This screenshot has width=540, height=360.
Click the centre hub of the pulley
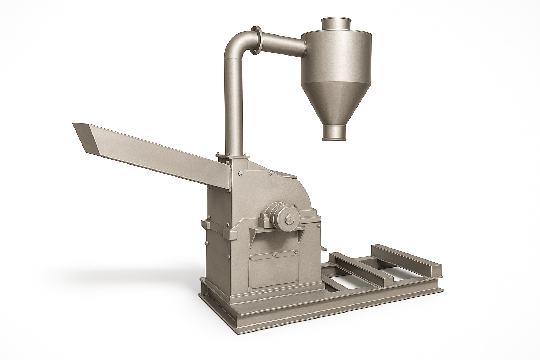click(291, 219)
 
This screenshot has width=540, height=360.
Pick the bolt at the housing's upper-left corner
click(240, 173)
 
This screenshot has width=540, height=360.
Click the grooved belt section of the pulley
click(273, 216)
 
